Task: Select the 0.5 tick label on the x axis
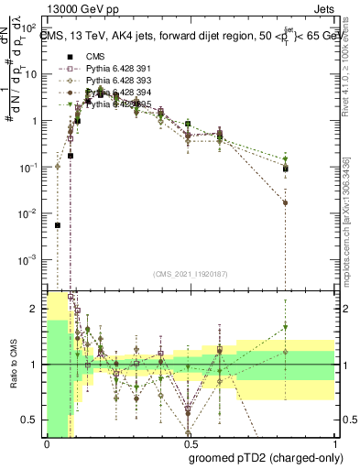pyautogui.click(x=189, y=444)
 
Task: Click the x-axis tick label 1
pyautogui.click(x=330, y=444)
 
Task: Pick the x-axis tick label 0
pyautogui.click(x=47, y=444)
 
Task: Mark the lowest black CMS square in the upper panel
pyautogui.click(x=58, y=224)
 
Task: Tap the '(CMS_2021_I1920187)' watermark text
pyautogui.click(x=189, y=274)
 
